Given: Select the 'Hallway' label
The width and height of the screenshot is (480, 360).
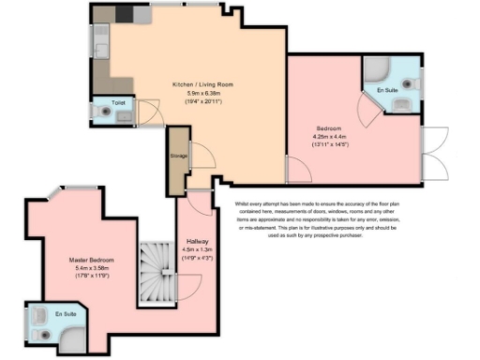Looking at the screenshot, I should [x=197, y=240].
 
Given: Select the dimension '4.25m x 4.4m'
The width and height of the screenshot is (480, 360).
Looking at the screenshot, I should [x=330, y=137].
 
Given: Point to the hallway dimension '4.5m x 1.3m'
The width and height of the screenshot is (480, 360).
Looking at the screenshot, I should [x=197, y=248].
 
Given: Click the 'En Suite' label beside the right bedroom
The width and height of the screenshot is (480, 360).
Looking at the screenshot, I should [x=386, y=91].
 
